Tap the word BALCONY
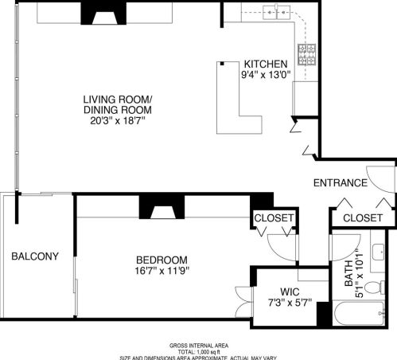[34, 256]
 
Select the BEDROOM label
[162, 260]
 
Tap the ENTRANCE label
[340, 183]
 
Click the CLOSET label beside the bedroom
[274, 217]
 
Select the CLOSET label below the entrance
[362, 217]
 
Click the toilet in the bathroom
[379, 285]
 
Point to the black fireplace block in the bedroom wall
[162, 207]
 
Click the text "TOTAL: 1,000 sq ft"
[199, 351]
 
